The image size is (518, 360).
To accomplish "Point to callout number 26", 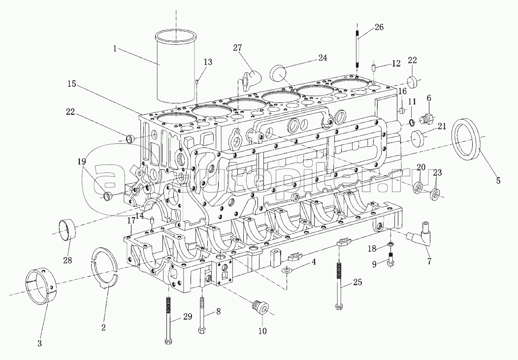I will point(379,27).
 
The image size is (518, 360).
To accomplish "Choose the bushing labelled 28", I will point(68,231).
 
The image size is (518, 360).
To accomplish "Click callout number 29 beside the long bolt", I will point(188,317).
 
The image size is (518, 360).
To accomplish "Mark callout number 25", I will point(357,282).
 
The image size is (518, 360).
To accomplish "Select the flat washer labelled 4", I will point(287,270).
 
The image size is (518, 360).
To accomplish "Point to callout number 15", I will point(72,84).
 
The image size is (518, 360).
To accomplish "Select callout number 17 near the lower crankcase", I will point(131,221).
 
